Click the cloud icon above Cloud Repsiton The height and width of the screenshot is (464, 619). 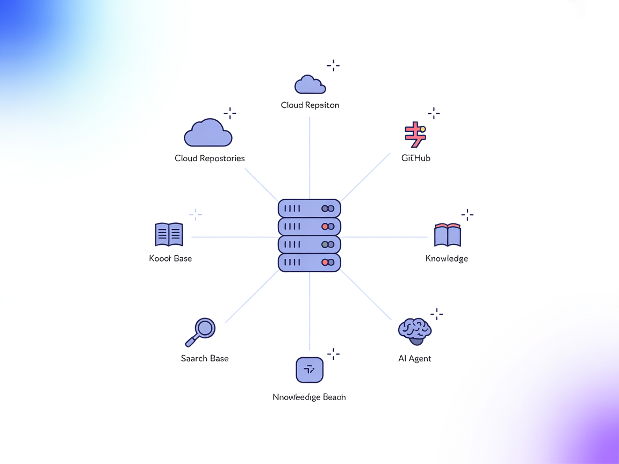(x=310, y=85)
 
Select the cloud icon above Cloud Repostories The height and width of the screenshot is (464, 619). (x=208, y=133)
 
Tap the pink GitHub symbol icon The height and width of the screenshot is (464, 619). (x=414, y=135)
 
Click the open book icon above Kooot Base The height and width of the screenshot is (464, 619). (x=169, y=235)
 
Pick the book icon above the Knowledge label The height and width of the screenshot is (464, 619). (x=447, y=235)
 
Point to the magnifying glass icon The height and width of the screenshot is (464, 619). (x=201, y=332)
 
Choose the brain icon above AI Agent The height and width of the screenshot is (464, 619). (x=414, y=330)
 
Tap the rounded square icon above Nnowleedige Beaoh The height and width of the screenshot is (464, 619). (x=309, y=369)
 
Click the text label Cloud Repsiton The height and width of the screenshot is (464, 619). (x=310, y=105)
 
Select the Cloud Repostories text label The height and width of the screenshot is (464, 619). (x=210, y=158)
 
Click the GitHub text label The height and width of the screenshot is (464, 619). (x=416, y=158)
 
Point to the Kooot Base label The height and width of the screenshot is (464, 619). (x=170, y=258)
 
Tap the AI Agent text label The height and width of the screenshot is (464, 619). (x=415, y=359)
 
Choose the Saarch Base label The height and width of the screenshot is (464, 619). (x=205, y=359)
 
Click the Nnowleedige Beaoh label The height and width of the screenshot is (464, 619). (x=309, y=397)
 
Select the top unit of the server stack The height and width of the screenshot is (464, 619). (x=309, y=208)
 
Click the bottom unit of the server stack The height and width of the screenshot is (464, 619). (x=309, y=263)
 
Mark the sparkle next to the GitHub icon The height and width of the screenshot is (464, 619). (x=434, y=113)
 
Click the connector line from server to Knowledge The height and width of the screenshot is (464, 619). (x=384, y=237)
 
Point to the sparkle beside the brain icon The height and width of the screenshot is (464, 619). (x=437, y=314)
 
